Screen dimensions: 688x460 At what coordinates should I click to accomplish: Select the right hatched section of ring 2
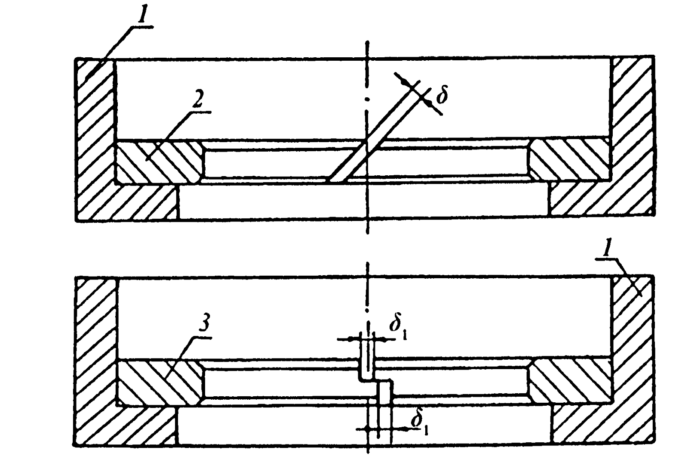570,160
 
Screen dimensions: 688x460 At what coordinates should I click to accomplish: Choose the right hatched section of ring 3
570,381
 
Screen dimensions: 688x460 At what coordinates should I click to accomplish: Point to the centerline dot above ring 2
367,99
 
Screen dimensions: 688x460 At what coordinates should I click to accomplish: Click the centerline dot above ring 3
367,310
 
